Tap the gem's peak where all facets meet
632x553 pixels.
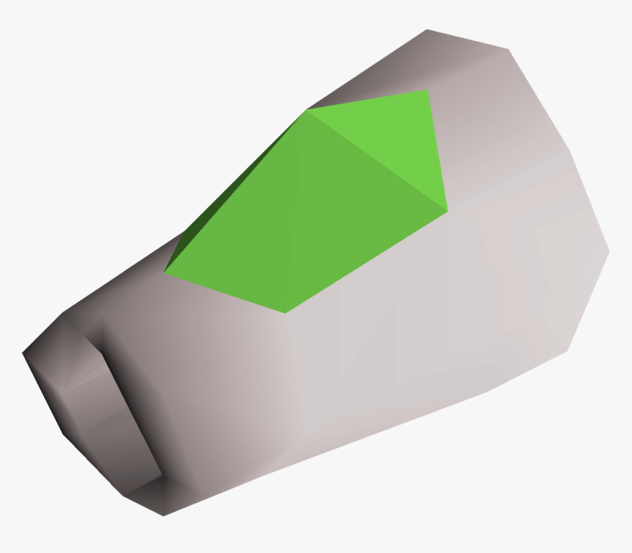(x=307, y=112)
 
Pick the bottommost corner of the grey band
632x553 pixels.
(x=163, y=515)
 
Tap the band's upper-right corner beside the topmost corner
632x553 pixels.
(x=509, y=50)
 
